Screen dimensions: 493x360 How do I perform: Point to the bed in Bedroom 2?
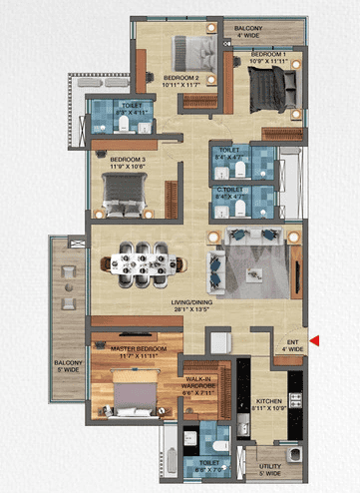[x=188, y=50]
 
